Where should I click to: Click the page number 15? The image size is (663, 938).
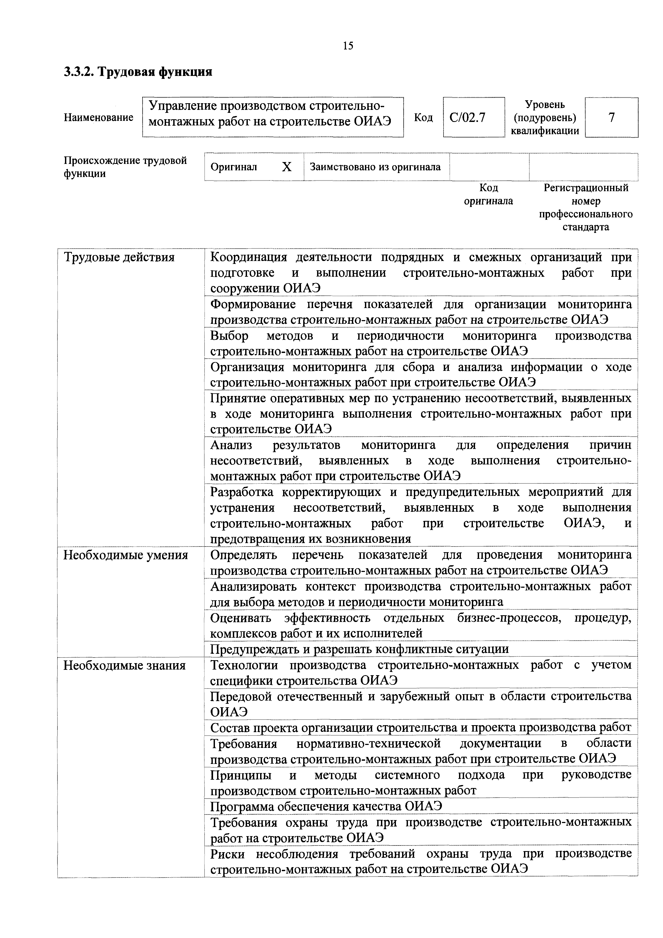click(348, 45)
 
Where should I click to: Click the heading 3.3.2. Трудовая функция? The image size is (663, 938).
click(138, 72)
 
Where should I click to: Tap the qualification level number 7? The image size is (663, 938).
click(611, 118)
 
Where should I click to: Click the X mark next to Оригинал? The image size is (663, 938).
click(287, 167)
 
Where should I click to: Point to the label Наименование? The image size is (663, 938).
click(98, 118)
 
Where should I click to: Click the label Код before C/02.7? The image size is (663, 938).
click(423, 118)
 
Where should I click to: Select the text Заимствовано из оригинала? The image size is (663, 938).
click(375, 167)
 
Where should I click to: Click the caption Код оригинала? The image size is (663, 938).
click(489, 194)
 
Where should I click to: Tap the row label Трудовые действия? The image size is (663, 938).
click(119, 257)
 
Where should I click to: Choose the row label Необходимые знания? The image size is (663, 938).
click(124, 666)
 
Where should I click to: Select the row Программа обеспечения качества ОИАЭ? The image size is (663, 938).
click(326, 807)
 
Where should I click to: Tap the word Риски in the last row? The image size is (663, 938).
click(227, 854)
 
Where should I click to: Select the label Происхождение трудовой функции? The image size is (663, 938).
click(125, 167)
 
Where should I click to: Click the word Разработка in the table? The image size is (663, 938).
click(242, 492)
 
